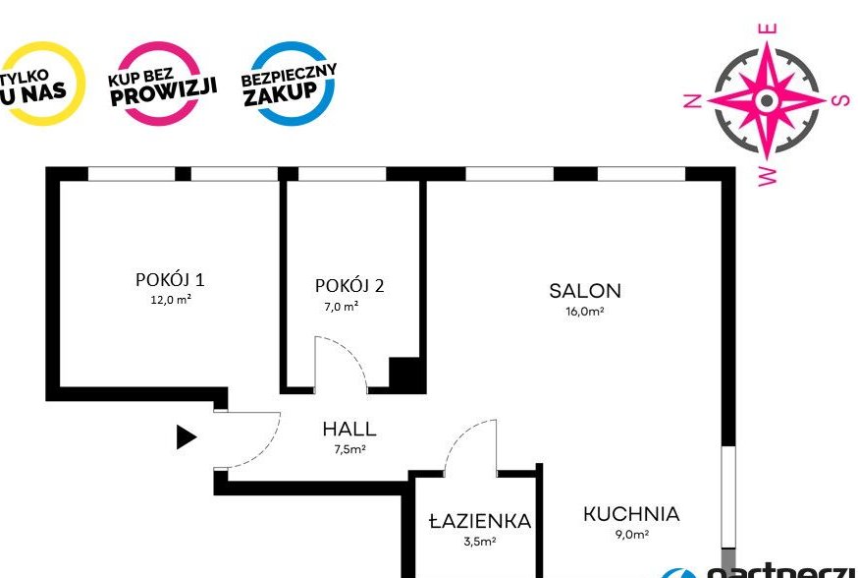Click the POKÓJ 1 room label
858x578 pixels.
(170, 279)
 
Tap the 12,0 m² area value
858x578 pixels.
(170, 301)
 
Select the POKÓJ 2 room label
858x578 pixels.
(349, 286)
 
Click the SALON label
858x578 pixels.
(585, 291)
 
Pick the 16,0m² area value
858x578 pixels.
(585, 312)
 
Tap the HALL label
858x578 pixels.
(349, 430)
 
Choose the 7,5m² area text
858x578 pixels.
(349, 449)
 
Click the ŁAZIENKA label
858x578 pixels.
(480, 521)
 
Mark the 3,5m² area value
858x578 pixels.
(479, 541)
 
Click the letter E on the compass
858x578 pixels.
(771, 29)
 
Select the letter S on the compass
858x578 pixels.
(839, 99)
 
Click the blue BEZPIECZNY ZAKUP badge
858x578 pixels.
(289, 83)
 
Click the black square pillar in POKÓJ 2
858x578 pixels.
(405, 375)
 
